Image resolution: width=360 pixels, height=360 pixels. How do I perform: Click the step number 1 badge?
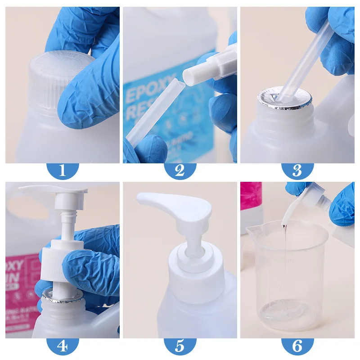(62, 171)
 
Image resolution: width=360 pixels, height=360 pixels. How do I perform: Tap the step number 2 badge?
(180, 171)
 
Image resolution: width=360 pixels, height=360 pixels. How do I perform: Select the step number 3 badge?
(297, 171)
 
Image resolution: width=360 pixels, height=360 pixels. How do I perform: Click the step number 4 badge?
(62, 346)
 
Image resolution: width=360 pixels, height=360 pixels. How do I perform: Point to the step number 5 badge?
(180, 346)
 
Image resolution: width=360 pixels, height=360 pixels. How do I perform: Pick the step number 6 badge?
(297, 346)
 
